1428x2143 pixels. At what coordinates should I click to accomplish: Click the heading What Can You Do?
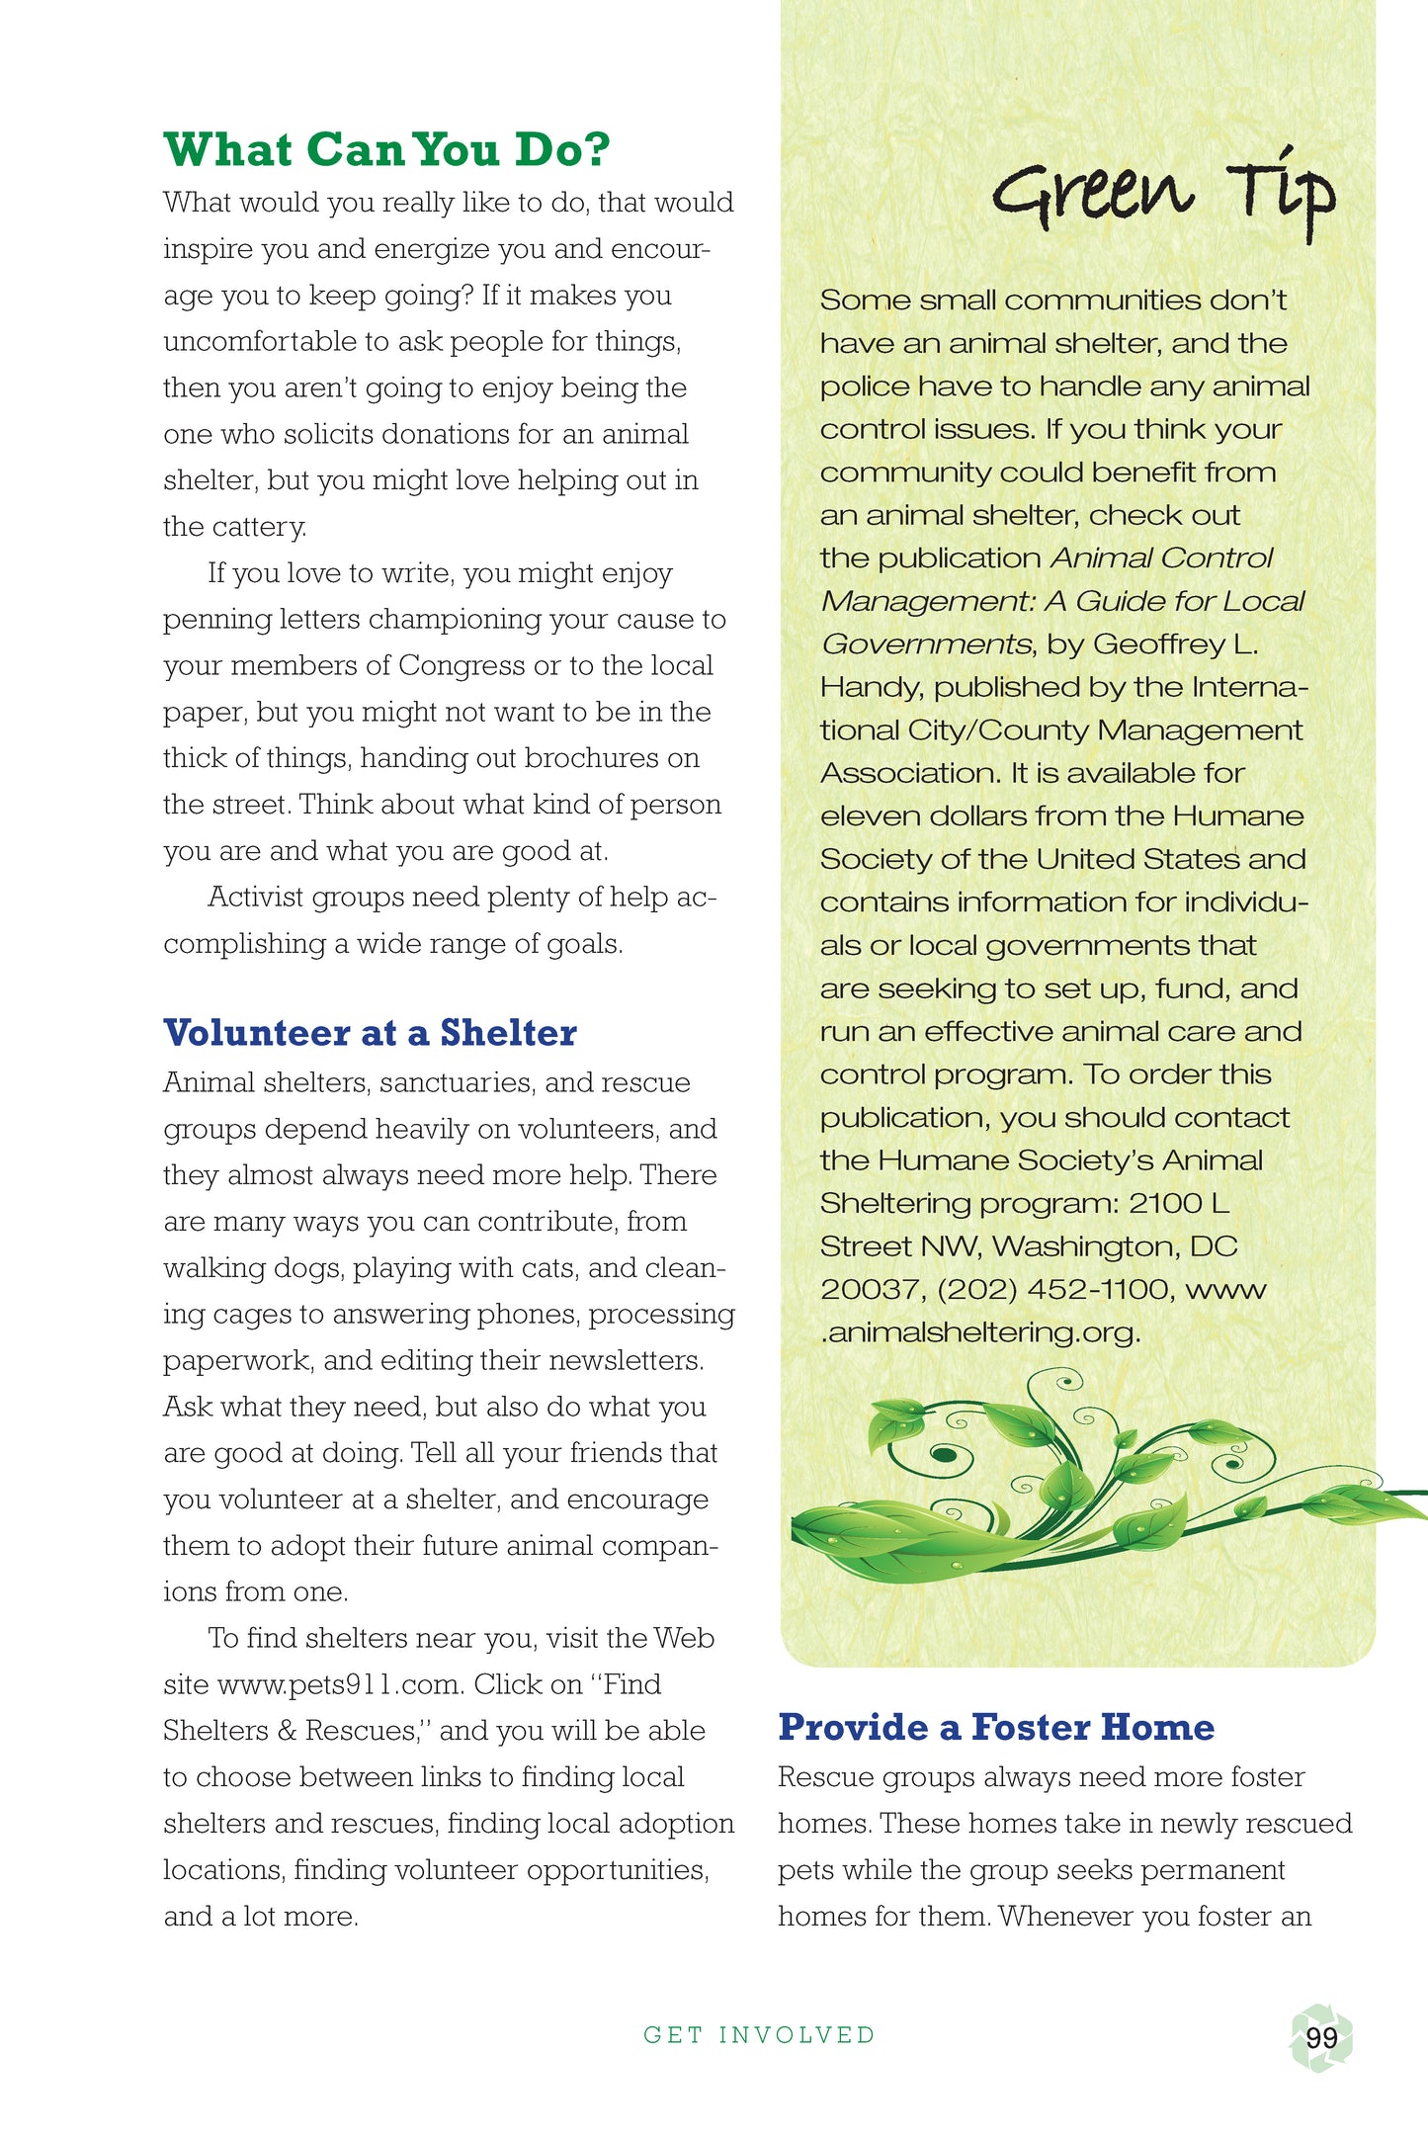click(x=386, y=150)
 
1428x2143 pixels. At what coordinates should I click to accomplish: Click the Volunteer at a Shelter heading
click(x=370, y=1033)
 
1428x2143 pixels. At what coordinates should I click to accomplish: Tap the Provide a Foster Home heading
click(x=996, y=1727)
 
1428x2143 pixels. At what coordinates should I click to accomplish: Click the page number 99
click(x=1321, y=2038)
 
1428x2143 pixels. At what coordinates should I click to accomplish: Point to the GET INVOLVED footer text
click(x=759, y=2035)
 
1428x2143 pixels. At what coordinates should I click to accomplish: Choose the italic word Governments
click(x=927, y=644)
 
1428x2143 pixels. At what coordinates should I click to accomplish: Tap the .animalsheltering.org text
click(x=980, y=1332)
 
